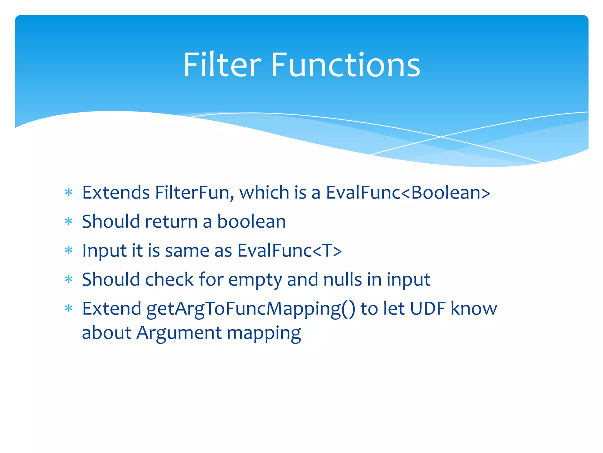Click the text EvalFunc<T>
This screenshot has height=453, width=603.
point(289,250)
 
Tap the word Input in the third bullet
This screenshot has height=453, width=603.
point(104,251)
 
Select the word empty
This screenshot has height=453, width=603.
point(255,280)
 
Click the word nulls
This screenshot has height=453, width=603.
point(342,279)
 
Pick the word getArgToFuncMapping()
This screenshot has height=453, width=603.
point(251,309)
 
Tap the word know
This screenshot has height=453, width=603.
point(474,308)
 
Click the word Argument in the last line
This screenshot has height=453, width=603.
point(179,333)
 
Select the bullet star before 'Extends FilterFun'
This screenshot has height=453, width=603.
point(69,193)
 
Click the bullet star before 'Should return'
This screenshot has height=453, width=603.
point(69,221)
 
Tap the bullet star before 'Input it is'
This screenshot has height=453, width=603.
point(69,250)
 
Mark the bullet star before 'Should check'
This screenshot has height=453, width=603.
point(69,279)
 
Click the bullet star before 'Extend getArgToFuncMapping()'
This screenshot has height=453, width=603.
point(69,308)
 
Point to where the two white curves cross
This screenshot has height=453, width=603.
point(441,137)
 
